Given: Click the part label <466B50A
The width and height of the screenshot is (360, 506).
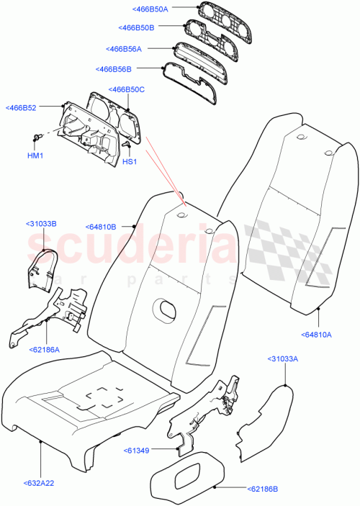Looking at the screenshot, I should coord(149,9).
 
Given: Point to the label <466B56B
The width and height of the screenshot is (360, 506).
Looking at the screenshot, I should coord(114,69).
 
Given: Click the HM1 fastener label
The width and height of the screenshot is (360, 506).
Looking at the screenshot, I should coord(35,155).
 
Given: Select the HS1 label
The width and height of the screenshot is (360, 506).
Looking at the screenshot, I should coord(129,162).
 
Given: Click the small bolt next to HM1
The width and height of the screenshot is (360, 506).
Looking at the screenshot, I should coord(36,137).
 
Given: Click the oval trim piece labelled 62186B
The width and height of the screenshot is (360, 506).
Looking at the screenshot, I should coord(187,483).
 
